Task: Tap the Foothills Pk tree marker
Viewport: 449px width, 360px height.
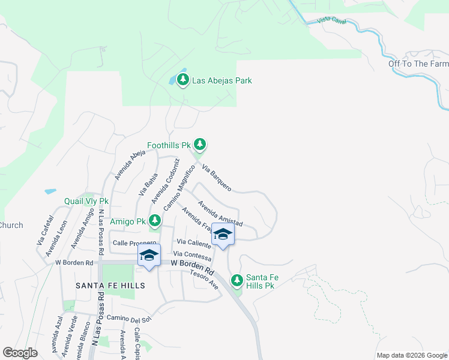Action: (x=200, y=145)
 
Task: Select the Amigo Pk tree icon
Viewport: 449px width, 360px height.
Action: (x=155, y=221)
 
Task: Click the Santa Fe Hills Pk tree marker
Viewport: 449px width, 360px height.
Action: (x=238, y=280)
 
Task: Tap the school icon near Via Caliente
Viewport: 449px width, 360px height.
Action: (x=223, y=235)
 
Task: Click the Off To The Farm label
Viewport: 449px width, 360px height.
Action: (x=418, y=64)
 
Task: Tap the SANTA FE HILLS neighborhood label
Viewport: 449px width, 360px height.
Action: (x=110, y=286)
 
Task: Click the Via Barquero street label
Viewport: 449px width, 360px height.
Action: (x=217, y=178)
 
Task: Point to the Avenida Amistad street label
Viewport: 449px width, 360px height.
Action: (x=220, y=213)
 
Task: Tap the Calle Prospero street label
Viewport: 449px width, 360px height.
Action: (x=134, y=242)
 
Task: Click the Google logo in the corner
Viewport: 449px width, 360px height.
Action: (x=20, y=353)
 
